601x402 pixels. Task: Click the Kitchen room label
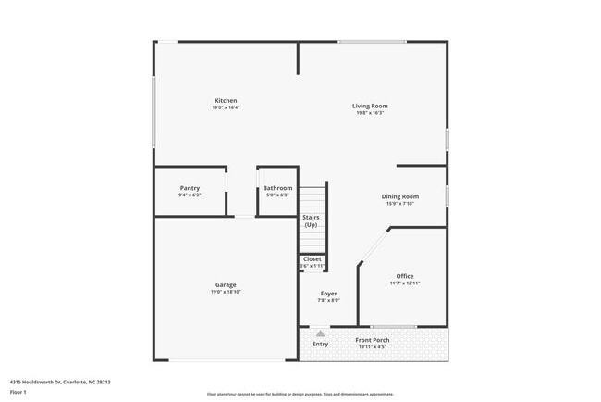[226, 100]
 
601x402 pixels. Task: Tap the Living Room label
[369, 106]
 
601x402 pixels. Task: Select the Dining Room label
[400, 196]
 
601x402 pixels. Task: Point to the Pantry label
[190, 188]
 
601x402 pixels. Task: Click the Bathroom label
[277, 188]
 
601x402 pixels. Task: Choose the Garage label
[226, 284]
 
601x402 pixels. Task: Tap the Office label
[404, 276]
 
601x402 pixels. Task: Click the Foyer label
[329, 293]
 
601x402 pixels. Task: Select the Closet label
[313, 258]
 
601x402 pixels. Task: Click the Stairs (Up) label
[311, 220]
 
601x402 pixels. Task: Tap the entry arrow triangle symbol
[320, 333]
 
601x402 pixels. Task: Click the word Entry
[320, 345]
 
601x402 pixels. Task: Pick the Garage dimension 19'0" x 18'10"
[226, 292]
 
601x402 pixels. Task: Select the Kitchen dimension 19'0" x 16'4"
[226, 107]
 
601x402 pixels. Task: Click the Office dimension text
[404, 283]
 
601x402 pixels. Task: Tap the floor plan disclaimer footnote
[300, 394]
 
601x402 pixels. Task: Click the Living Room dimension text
[369, 113]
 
